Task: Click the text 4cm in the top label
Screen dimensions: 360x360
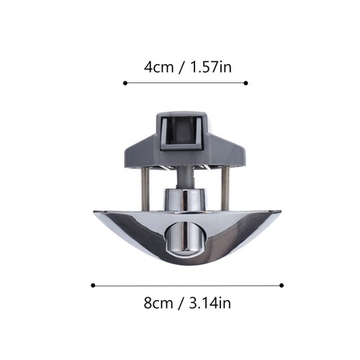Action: [158, 67]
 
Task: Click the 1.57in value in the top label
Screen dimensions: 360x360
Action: [211, 67]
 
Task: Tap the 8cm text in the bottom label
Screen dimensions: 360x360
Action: [158, 303]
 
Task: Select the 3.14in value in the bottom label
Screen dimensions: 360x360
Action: [210, 303]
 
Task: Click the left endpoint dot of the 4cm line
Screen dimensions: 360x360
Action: [125, 83]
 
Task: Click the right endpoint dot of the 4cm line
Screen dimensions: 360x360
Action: [246, 83]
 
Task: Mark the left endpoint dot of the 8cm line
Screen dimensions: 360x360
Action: [93, 285]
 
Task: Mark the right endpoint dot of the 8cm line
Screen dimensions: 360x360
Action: [282, 285]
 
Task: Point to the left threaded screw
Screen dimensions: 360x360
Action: [145, 189]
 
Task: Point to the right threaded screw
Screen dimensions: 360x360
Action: [225, 189]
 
